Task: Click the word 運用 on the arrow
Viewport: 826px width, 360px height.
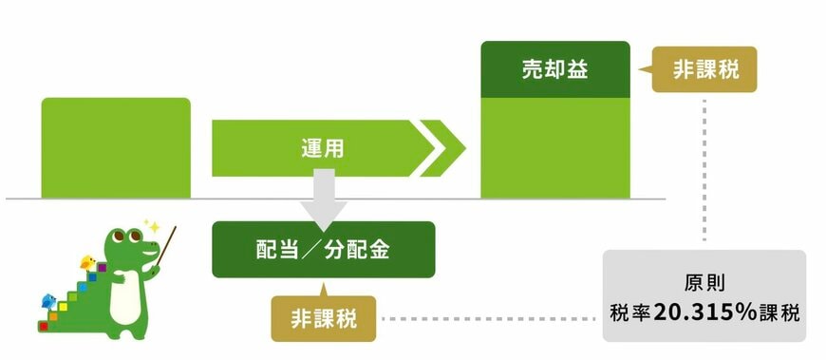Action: click(x=322, y=147)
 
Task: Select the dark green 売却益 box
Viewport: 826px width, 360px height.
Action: click(x=555, y=70)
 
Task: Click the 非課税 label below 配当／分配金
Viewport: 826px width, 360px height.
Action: click(x=324, y=318)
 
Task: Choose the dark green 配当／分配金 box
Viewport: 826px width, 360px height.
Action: click(x=323, y=250)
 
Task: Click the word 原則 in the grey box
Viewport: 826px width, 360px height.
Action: click(x=704, y=284)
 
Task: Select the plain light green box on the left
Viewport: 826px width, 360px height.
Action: click(x=116, y=147)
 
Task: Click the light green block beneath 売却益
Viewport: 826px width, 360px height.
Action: click(x=555, y=147)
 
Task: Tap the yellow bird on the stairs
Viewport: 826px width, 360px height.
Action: click(x=88, y=261)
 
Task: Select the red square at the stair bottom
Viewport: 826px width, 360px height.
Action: click(x=43, y=325)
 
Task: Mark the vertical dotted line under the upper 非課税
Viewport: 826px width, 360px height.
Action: click(x=704, y=171)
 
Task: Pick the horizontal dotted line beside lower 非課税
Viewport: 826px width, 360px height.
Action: click(x=489, y=318)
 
